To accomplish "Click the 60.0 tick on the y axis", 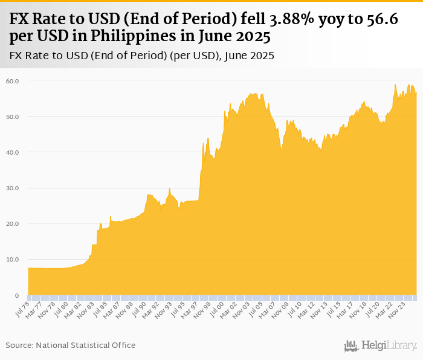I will (x=13, y=80).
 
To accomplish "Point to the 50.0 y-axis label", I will (x=13, y=116).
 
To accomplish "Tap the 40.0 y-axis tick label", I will (x=13, y=152).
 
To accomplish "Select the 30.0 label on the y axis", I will (x=13, y=188).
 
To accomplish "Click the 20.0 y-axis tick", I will (x=13, y=223).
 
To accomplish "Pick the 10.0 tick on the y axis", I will (x=13, y=260).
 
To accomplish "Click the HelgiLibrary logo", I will (x=381, y=346).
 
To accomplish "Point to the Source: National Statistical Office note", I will (x=71, y=345).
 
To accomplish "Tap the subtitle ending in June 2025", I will (x=142, y=56).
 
